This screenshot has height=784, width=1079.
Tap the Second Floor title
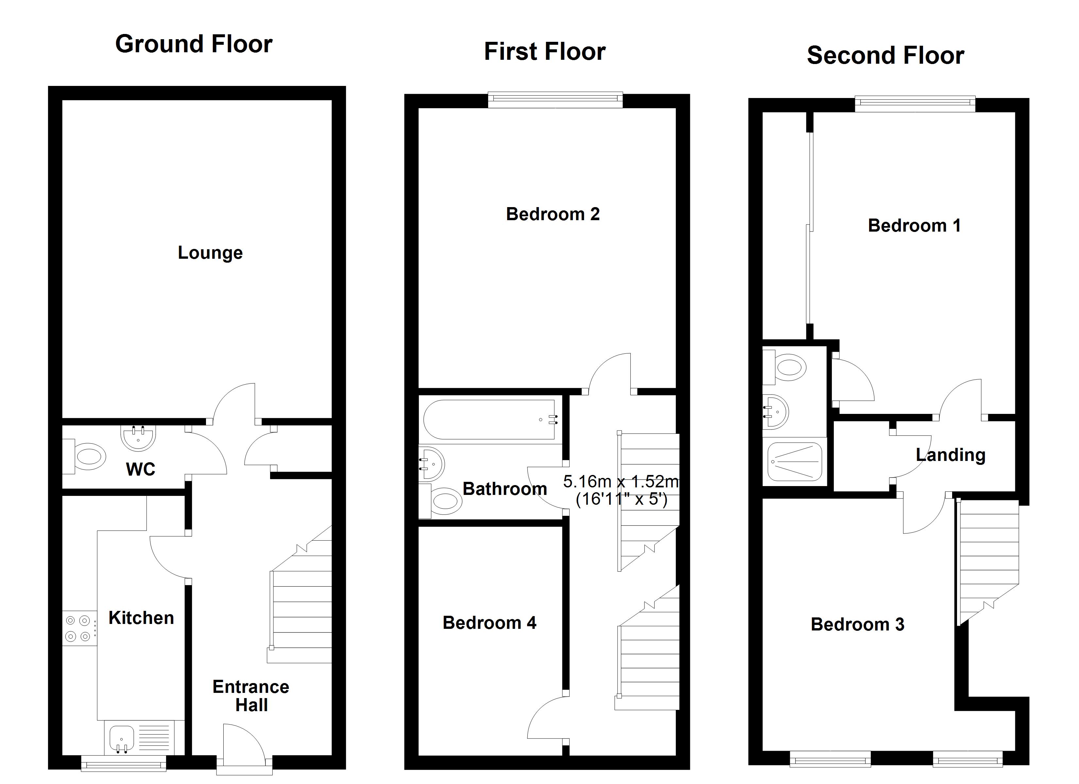[885, 56]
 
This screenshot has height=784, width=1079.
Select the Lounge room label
[210, 253]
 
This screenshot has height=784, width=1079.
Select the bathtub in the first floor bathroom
[490, 420]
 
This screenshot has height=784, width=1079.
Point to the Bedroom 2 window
[555, 98]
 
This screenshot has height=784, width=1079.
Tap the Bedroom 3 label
[857, 624]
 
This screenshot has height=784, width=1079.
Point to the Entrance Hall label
[251, 695]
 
